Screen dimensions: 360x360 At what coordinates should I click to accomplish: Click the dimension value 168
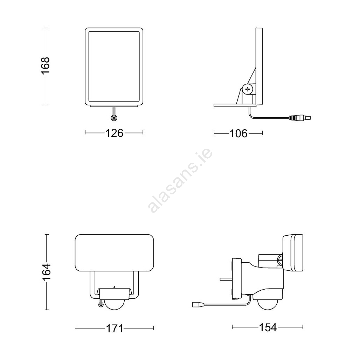pos(45,66)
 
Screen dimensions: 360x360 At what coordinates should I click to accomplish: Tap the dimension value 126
pos(114,133)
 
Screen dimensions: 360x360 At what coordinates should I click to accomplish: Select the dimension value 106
pos(238,133)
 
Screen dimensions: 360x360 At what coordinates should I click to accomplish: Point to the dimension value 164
pos(46,272)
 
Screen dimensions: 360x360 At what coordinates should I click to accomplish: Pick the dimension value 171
pos(115,329)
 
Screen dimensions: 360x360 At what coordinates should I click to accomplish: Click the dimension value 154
pos(268,327)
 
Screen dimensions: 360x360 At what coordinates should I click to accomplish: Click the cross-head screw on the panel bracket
pos(247,89)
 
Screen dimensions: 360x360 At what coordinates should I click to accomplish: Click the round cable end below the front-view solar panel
pos(114,118)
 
